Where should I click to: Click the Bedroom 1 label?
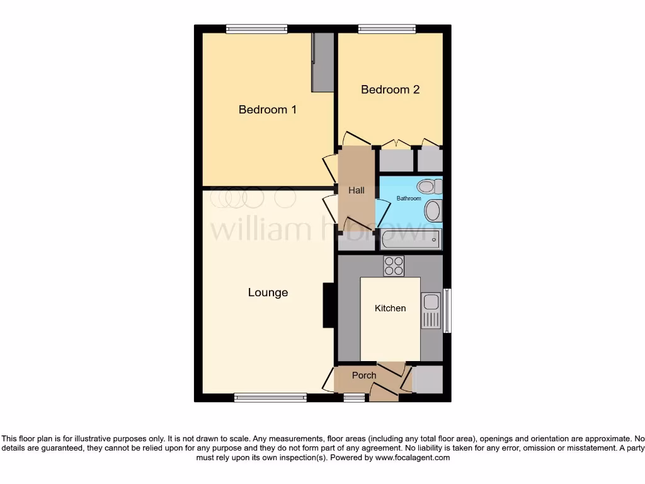click(x=267, y=110)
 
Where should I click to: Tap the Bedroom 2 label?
click(x=390, y=89)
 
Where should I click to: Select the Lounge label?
click(x=268, y=292)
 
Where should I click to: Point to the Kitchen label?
click(x=390, y=308)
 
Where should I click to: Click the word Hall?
click(x=357, y=190)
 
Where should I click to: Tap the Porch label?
click(x=364, y=375)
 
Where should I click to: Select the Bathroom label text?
click(x=408, y=199)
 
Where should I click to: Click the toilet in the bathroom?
click(x=429, y=186)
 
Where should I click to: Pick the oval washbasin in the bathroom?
click(x=433, y=211)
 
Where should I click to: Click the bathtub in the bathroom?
click(x=411, y=239)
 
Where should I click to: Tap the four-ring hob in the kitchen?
click(x=394, y=266)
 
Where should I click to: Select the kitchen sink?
click(x=431, y=311)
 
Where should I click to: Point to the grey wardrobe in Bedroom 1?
click(x=323, y=62)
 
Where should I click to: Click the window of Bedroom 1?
click(x=257, y=28)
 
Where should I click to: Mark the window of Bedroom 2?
click(x=387, y=28)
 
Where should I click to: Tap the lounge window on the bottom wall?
click(x=270, y=398)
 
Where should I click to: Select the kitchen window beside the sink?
click(x=447, y=310)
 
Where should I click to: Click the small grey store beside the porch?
click(x=427, y=379)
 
